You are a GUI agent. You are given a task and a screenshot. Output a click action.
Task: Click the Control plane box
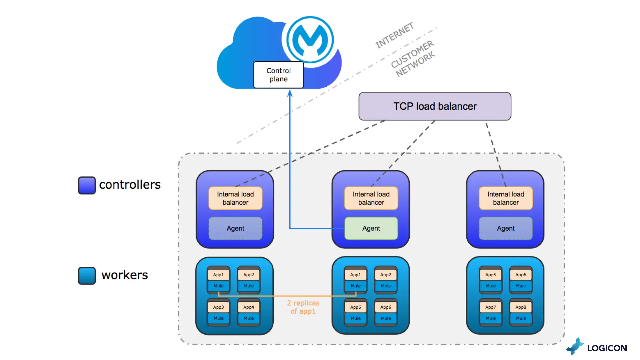pyautogui.click(x=278, y=75)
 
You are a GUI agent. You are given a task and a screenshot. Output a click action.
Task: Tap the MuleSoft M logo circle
pyautogui.click(x=310, y=40)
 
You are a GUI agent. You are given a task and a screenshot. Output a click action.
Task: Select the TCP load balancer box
pyautogui.click(x=435, y=106)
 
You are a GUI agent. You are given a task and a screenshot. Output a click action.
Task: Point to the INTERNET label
pyautogui.click(x=394, y=35)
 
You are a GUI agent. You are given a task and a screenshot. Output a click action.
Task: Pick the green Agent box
pyautogui.click(x=371, y=228)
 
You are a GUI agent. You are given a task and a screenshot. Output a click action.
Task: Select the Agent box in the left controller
pyautogui.click(x=235, y=228)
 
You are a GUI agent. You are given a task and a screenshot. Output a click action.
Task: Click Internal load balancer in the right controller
pyautogui.click(x=506, y=198)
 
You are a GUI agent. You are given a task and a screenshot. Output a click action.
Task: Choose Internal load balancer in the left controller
pyautogui.click(x=235, y=198)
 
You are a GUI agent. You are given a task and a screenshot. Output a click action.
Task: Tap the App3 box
pyautogui.click(x=218, y=307)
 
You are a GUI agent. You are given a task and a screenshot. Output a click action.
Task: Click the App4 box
pyautogui.click(x=249, y=307)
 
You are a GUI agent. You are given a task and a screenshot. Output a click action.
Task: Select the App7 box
pyautogui.click(x=490, y=307)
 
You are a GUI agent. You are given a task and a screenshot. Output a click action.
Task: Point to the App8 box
pyautogui.click(x=521, y=307)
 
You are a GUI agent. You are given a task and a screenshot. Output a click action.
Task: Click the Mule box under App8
pyautogui.click(x=521, y=318)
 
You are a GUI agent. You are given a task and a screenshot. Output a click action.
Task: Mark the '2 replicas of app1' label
pyautogui.click(x=303, y=307)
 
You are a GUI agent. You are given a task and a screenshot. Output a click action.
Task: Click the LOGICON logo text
pyautogui.click(x=607, y=348)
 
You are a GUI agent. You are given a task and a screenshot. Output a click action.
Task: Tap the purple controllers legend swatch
pyautogui.click(x=87, y=185)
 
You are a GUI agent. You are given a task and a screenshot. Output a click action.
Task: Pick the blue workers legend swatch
pyautogui.click(x=87, y=276)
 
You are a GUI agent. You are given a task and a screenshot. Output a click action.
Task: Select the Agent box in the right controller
pyautogui.click(x=506, y=228)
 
